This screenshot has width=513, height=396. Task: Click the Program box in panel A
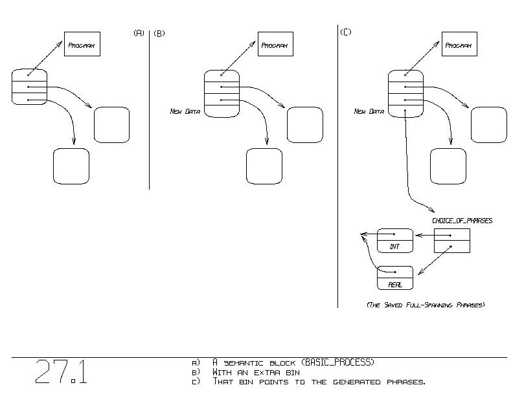pos(82,45)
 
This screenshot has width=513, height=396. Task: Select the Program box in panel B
pos(275,45)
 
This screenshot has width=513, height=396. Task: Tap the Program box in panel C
pos(459,45)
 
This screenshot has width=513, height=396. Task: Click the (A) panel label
pos(139,33)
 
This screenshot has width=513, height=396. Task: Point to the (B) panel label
pos(159,33)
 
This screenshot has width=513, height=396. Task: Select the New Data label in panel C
pos(369,111)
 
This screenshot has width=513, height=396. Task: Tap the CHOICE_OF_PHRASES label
pos(462,221)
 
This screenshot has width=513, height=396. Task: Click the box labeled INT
pos(394,241)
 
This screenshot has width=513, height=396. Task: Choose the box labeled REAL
pos(394,278)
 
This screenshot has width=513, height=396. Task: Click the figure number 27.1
pos(62,372)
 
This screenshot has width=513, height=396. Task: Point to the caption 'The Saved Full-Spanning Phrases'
pos(426,304)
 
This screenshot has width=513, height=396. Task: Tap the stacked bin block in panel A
pos(29,87)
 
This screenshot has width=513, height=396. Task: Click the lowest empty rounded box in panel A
pos(71,166)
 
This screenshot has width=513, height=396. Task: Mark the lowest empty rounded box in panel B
pos(264,166)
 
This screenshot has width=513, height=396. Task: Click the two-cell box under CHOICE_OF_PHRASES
pos(451,241)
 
